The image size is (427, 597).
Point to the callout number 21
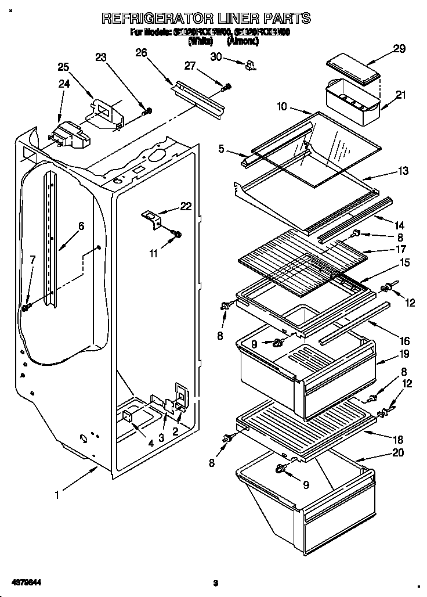401,95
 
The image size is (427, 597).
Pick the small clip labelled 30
251,64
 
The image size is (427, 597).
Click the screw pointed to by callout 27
227,87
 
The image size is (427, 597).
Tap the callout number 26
140,53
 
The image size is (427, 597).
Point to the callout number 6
81,226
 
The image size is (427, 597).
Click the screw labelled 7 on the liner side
25,307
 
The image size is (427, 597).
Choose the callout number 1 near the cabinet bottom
57,495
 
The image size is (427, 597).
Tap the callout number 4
150,443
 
